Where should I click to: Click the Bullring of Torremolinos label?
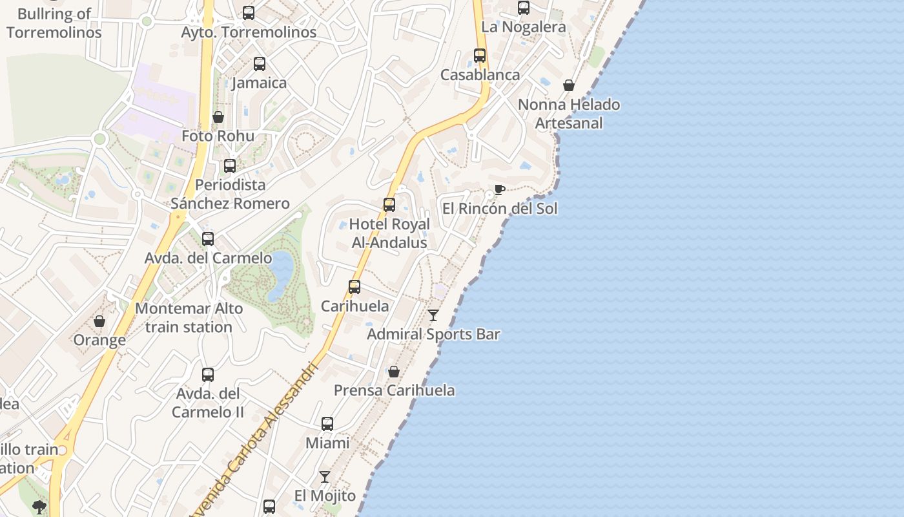point(54,23)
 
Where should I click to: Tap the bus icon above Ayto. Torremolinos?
point(249,13)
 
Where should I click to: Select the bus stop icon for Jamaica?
point(259,64)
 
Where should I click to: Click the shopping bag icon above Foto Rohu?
point(218,117)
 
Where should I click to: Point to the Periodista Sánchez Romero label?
point(230,194)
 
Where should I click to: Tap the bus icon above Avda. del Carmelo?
point(208,239)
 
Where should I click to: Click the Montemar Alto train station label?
point(189,317)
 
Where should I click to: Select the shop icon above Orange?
point(99,321)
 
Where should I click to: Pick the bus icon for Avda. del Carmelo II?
point(208,375)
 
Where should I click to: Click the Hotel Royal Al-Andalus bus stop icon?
point(389,205)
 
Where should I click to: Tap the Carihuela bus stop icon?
point(354,287)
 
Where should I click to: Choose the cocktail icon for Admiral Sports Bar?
point(433,315)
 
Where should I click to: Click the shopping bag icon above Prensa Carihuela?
point(394,372)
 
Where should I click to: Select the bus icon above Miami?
point(327,424)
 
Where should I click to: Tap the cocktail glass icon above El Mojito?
point(325,477)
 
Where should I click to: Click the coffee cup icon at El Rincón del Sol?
point(499,189)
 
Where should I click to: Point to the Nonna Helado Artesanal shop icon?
point(569,85)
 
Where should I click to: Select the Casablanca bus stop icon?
point(480,56)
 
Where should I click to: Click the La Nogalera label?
point(524,26)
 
